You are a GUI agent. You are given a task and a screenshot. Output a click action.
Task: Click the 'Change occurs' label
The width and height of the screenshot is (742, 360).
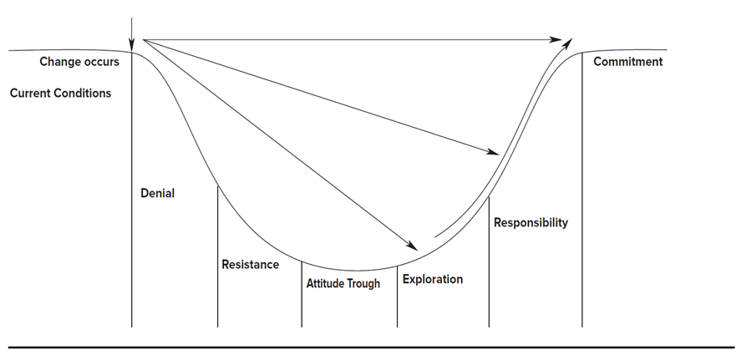tap(79, 62)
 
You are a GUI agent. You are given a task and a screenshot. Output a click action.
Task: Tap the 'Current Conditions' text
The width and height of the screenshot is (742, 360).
tap(60, 94)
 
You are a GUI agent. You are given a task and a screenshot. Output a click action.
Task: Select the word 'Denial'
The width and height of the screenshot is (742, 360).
tap(157, 194)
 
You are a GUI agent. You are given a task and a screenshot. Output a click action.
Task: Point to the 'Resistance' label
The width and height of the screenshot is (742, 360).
tap(250, 265)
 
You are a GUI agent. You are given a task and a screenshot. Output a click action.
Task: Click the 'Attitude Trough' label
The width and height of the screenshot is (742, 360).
tap(343, 284)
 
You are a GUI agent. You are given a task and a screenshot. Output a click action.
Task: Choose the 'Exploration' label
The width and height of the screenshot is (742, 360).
tap(432, 279)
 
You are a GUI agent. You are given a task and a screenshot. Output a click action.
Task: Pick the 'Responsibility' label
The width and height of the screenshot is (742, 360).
tap(531, 223)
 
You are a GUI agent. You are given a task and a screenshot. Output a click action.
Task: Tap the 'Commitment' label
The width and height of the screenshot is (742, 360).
tap(628, 62)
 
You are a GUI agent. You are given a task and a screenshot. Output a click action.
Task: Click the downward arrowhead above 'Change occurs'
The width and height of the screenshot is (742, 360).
tap(132, 45)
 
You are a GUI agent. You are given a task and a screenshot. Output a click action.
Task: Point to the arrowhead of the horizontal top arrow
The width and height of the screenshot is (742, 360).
tap(556, 39)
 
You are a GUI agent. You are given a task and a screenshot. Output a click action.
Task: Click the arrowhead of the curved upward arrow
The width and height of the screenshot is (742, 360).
tap(569, 42)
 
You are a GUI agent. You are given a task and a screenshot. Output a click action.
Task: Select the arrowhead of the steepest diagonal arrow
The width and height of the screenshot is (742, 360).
tap(413, 246)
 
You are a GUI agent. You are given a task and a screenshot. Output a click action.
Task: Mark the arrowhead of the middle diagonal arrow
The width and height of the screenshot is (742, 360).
tap(494, 152)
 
